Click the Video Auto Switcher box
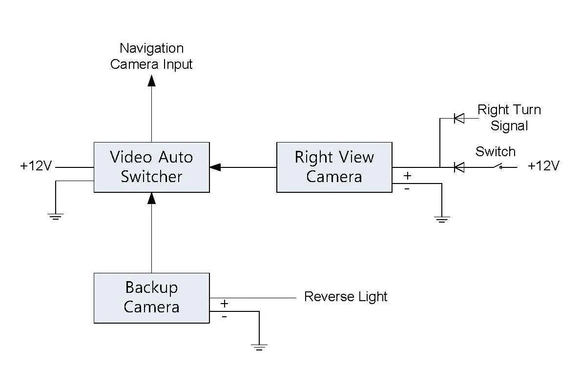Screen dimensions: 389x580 click(151, 167)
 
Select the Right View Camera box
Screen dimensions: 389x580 click(334, 167)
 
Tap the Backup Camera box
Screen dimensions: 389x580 click(151, 298)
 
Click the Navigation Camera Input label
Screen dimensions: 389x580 click(151, 56)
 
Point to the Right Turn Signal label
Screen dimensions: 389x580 click(509, 117)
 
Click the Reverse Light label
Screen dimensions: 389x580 click(346, 297)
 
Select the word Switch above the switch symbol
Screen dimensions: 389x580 click(496, 152)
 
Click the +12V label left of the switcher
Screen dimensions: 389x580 click(36, 166)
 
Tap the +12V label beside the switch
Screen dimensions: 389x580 click(543, 166)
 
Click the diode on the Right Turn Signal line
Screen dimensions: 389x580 click(458, 118)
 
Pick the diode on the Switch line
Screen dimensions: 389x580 click(458, 167)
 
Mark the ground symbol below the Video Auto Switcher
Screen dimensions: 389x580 click(56, 216)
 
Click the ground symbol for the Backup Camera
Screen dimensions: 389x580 click(259, 348)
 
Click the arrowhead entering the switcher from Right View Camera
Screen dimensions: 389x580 click(215, 167)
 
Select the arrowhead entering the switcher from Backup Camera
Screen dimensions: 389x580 click(151, 198)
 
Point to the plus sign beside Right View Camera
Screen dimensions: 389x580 click(407, 176)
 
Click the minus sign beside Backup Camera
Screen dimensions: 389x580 click(224, 316)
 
